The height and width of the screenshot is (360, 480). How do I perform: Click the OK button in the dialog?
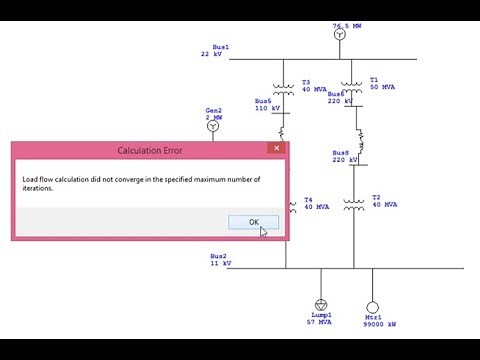point(253,222)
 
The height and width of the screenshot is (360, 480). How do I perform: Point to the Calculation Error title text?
point(150,151)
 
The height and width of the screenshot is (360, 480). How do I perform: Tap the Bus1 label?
point(214,51)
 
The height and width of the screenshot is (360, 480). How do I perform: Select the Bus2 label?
point(219,259)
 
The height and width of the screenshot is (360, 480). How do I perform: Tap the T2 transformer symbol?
point(354,203)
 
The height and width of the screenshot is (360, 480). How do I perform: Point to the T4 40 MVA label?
point(315,204)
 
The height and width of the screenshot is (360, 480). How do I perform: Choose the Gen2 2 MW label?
point(214,113)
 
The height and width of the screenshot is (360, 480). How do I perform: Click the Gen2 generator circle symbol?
point(212,130)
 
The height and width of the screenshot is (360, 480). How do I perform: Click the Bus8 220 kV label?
point(347,157)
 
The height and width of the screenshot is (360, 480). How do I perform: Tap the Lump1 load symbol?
point(321,304)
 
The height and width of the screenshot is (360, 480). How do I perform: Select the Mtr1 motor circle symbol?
point(373,305)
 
